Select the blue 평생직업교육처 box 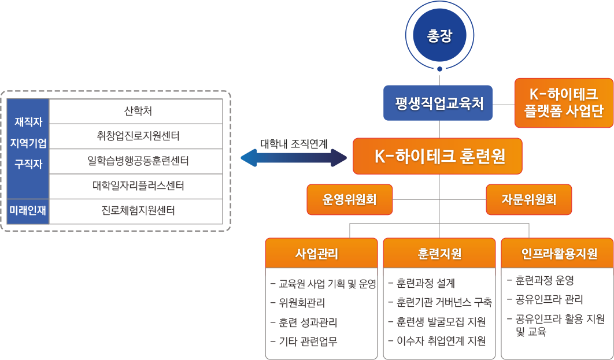(438, 103)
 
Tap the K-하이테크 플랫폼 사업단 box (564, 103)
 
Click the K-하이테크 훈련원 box (438, 156)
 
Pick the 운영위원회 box (349, 199)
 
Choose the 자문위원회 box (529, 199)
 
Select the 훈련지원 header (439, 254)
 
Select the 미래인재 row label (28, 211)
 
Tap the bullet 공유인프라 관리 (549, 299)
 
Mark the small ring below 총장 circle (439, 69)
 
